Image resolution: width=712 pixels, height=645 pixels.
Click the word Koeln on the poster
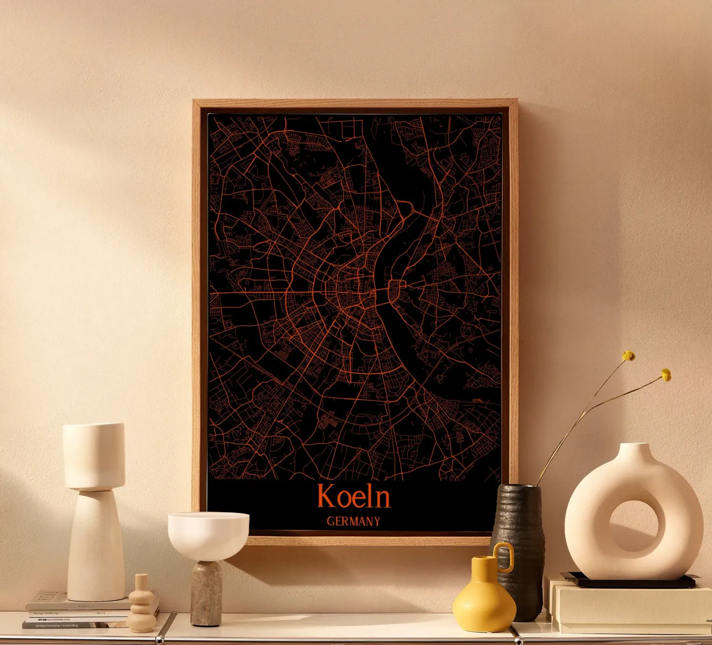click(x=354, y=496)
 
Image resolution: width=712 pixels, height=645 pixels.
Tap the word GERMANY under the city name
click(x=353, y=521)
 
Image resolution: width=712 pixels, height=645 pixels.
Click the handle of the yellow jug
click(x=504, y=556)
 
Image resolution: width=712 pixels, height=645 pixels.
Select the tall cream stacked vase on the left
click(x=95, y=513)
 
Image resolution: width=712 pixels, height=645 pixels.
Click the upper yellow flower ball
click(x=629, y=356)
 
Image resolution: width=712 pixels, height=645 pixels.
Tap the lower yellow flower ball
click(x=666, y=376)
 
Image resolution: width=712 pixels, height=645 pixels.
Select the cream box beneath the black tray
click(x=626, y=607)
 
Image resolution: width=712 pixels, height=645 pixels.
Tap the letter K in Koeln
click(x=325, y=496)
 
